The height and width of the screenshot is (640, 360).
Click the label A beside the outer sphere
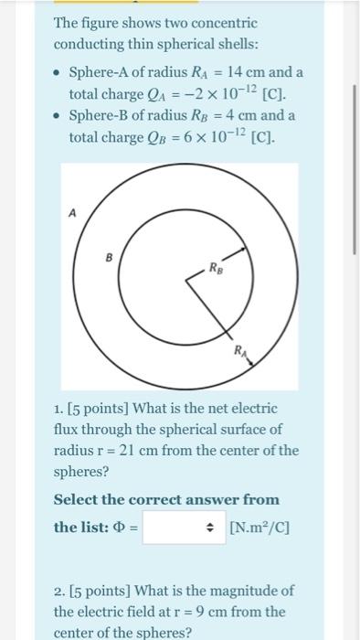tap(72, 212)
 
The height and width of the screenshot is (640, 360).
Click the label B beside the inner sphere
tap(109, 259)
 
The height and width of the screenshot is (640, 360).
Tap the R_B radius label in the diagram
tap(216, 269)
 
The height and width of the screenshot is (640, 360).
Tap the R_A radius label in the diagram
tap(239, 350)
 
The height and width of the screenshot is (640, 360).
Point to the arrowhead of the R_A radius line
tap(257, 362)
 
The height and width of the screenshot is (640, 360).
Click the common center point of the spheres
tap(188, 282)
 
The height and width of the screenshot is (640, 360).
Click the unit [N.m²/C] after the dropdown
tap(260, 527)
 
